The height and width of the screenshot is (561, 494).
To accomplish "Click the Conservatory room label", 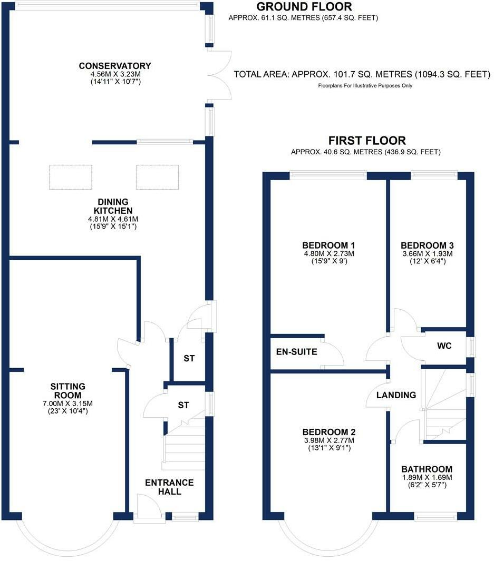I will pos(115,66).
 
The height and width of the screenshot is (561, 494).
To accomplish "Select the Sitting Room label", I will pos(67,391).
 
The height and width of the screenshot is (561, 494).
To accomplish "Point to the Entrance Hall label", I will pos(169,487).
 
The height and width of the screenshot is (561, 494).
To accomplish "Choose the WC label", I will pos(444,347).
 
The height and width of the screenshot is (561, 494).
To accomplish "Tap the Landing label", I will pos(396,395).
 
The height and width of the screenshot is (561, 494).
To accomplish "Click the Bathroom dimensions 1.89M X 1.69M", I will pos(427,478).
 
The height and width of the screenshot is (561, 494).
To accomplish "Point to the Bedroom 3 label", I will pos(427,245).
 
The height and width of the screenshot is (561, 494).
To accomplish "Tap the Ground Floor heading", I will pos(304,7).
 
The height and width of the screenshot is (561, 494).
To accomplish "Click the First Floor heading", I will pos(367,141).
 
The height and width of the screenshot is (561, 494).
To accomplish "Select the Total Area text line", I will pos(362,75).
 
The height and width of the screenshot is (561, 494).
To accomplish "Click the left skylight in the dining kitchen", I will pos(71,177).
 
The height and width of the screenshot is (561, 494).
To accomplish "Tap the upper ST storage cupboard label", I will pos(189,359).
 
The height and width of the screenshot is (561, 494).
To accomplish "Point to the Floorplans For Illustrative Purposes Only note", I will pos(365,86).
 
